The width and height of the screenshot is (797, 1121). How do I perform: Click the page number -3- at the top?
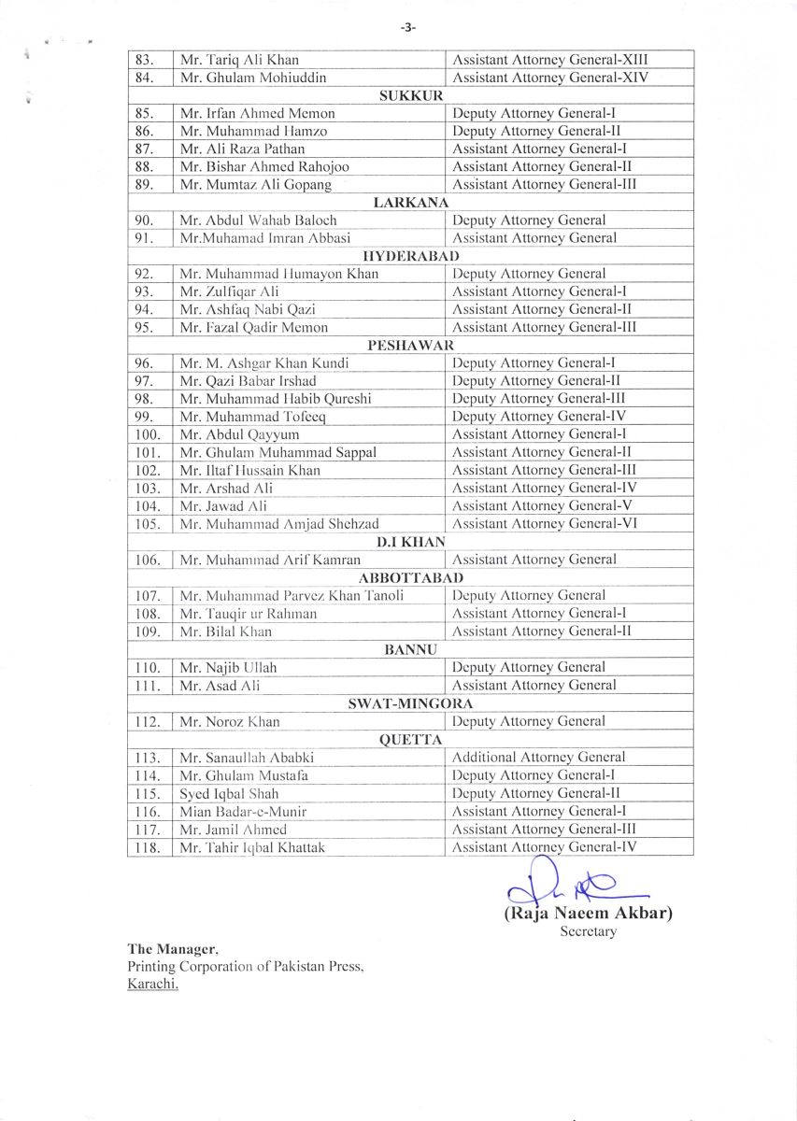pos(408,28)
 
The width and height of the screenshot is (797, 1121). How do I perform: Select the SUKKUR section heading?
pos(410,95)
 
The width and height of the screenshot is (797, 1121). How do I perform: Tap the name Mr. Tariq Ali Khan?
pos(239,60)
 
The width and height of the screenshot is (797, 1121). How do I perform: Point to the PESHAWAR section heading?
pos(410,345)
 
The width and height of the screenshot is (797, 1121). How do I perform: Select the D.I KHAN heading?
pos(410,542)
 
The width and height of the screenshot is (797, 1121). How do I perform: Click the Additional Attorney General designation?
pos(539,758)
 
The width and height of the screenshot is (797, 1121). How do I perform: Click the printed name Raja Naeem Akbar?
pos(588,913)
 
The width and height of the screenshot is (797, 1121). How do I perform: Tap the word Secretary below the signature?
pos(588,931)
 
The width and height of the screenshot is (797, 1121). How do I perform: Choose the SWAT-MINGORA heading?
pos(410,703)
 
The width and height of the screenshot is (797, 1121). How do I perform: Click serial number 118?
pos(149,847)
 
